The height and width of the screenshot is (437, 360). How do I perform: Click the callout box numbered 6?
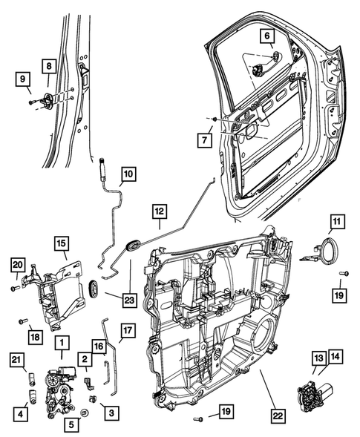[266, 36]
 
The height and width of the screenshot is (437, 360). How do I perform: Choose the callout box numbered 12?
[158, 211]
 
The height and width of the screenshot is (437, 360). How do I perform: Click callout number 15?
[62, 243]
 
